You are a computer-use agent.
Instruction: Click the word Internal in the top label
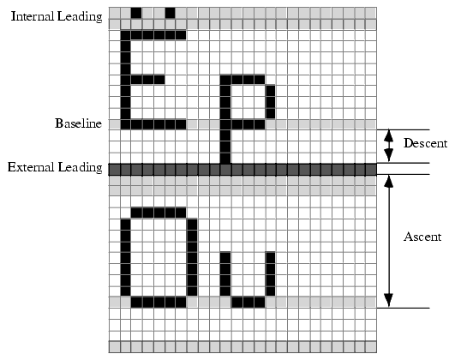[33, 16]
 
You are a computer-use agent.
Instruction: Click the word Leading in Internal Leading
[80, 17]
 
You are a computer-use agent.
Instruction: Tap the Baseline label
[78, 123]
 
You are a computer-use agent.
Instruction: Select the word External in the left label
[31, 167]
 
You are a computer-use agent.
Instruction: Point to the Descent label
[425, 143]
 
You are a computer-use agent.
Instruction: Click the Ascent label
[422, 237]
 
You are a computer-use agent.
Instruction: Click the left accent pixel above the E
[136, 13]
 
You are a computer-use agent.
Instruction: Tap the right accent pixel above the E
[170, 13]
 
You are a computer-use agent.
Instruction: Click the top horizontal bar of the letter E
[153, 35]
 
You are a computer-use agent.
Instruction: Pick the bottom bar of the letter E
[153, 124]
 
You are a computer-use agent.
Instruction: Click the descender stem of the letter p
[225, 147]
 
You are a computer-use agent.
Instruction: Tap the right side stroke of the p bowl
[271, 102]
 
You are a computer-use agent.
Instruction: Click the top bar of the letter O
[159, 213]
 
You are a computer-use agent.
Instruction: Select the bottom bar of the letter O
[159, 303]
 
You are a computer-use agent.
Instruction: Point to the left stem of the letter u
[225, 274]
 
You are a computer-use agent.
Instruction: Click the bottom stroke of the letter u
[248, 303]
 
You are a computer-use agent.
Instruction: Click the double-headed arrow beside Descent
[388, 146]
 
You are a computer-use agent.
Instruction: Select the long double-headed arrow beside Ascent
[388, 241]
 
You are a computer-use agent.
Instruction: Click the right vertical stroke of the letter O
[192, 257]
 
